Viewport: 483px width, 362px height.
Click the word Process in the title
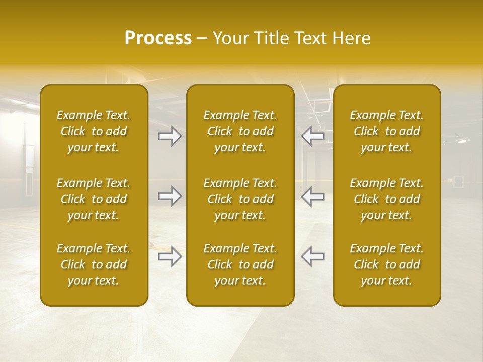click(158, 38)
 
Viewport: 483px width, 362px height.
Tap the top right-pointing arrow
click(170, 136)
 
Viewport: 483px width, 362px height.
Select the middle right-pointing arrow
click(170, 196)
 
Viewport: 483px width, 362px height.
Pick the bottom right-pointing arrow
click(170, 256)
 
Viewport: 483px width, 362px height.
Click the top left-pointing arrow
click(313, 136)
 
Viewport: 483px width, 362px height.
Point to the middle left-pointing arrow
click(313, 196)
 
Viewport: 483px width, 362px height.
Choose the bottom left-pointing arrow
click(313, 256)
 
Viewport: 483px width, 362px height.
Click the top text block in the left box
click(94, 131)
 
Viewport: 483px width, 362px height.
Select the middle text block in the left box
click(94, 199)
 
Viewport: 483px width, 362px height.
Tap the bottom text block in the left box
click(94, 264)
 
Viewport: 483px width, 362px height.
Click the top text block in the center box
click(240, 131)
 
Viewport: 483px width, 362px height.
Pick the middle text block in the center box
click(240, 199)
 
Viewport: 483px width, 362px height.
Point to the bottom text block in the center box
click(240, 264)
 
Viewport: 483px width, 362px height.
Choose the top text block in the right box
click(386, 131)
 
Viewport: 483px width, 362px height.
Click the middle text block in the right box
click(386, 199)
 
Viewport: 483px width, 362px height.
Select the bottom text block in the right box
click(386, 264)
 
